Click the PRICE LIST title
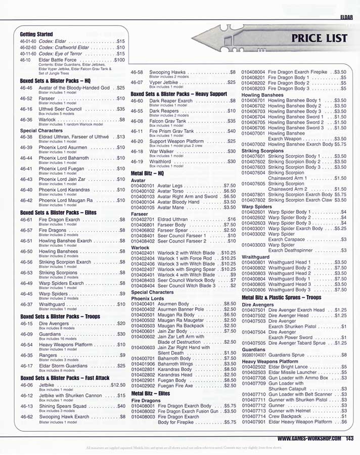(319, 38)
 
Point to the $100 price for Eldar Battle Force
(119, 60)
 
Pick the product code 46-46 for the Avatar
(26, 87)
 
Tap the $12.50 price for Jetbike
(118, 385)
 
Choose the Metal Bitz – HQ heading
(151, 172)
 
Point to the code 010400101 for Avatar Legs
(143, 186)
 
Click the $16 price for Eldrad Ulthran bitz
(231, 219)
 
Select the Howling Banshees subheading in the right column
(262, 95)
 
